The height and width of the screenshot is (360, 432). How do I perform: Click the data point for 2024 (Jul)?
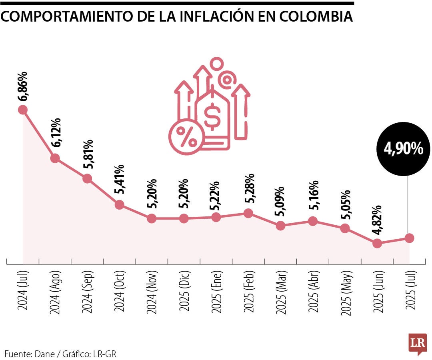[x=23, y=110]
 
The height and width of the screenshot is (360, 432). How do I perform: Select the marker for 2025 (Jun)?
[x=377, y=243]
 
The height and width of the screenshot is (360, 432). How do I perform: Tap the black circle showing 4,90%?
[x=403, y=149]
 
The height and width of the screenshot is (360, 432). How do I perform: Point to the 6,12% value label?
[x=56, y=133]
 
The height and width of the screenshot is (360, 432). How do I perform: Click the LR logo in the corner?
[x=417, y=344]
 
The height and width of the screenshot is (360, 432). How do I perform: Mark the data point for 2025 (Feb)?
[x=248, y=213]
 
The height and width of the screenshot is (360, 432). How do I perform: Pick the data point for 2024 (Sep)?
[x=87, y=178]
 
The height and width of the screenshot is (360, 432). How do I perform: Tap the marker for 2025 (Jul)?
[x=409, y=238]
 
